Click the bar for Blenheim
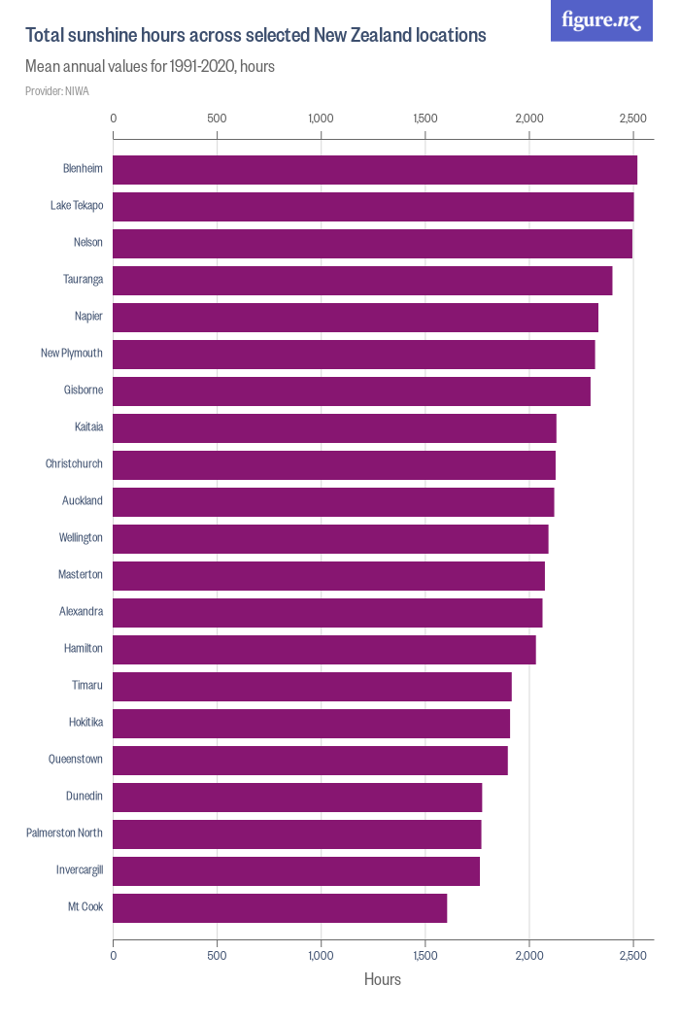coord(375,169)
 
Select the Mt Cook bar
coord(280,907)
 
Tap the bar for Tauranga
coord(362,280)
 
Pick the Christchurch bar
coord(334,464)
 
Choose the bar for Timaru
coord(312,686)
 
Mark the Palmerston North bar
coord(297,833)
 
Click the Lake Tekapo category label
coord(77,206)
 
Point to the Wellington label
coord(81,538)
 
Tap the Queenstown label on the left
coord(76,760)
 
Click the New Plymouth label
coord(72,354)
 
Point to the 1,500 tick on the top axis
coord(425,119)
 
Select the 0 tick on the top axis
coord(114,119)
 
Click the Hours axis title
coord(383,979)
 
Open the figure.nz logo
coord(601,20)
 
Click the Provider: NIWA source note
coord(57,91)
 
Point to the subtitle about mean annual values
coord(150,67)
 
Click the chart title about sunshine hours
coord(255,35)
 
